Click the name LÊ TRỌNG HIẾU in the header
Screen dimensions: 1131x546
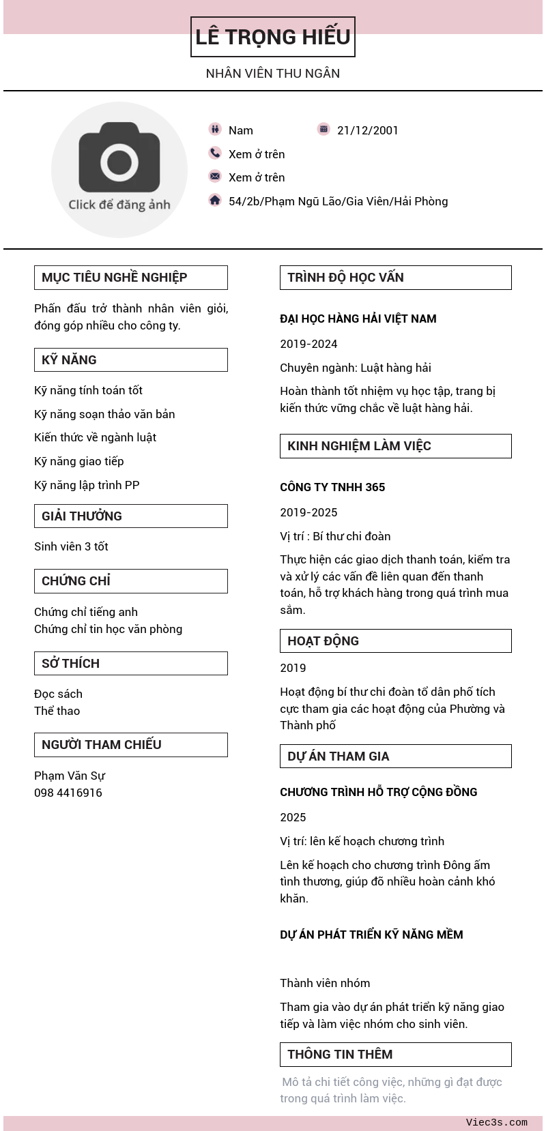coord(273,37)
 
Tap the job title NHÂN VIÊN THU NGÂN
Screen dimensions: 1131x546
coord(273,74)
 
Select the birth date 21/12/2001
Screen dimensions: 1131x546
coord(367,130)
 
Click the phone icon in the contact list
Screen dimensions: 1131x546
coord(215,153)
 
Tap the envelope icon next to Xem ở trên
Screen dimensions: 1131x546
coord(215,176)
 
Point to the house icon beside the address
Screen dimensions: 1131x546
coord(215,200)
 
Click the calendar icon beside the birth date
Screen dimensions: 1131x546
coord(324,129)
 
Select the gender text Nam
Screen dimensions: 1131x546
coord(240,130)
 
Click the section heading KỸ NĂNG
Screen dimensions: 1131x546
coord(69,360)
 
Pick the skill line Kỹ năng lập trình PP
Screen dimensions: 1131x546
coord(87,485)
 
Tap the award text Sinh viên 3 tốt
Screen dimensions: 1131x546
coord(71,546)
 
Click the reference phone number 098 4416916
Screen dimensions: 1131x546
coord(68,793)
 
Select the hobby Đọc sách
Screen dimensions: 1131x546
coord(58,694)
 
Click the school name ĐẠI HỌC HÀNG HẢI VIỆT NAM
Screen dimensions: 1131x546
coord(358,319)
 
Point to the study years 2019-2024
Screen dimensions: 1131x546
coord(308,344)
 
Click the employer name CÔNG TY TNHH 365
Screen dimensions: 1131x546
coord(332,487)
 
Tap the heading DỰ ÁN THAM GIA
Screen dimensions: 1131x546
coord(339,756)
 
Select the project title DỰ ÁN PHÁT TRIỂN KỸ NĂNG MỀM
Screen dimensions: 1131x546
coord(371,935)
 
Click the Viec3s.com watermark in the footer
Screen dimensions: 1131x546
coord(496,1122)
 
